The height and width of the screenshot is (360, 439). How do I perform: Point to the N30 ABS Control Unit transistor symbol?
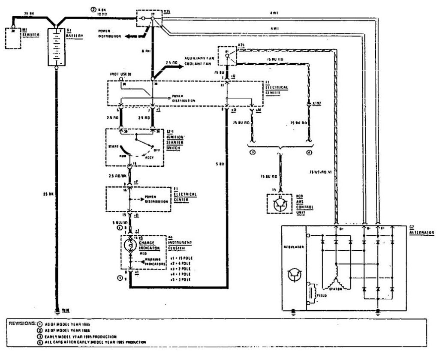280,205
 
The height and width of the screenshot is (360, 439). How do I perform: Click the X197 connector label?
317,104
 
